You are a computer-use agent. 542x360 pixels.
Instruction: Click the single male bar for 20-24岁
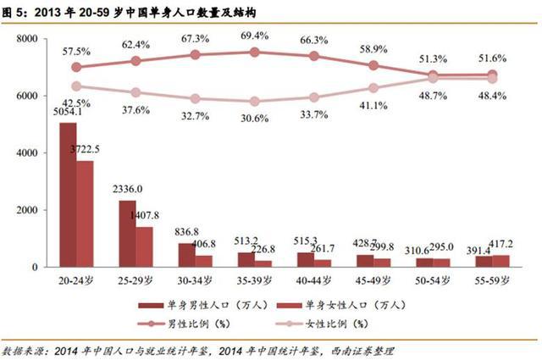point(68,195)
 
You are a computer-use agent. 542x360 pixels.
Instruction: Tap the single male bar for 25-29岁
point(126,233)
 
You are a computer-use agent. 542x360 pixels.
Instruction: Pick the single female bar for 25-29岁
point(143,246)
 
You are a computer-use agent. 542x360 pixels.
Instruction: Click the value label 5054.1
point(66,111)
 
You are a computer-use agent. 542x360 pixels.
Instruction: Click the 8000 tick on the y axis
point(28,39)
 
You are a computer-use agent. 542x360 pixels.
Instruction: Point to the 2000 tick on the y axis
point(28,210)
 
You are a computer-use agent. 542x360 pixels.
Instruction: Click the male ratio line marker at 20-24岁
point(77,67)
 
